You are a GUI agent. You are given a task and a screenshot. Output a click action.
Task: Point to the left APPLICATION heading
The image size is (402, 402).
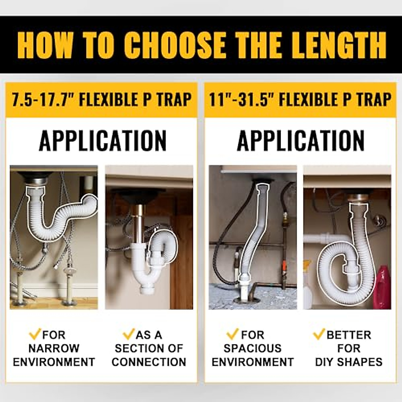click(x=103, y=140)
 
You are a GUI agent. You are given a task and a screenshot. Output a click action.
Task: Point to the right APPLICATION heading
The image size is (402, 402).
click(x=300, y=140)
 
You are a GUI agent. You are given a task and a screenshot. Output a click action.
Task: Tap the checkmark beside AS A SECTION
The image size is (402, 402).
click(x=128, y=334)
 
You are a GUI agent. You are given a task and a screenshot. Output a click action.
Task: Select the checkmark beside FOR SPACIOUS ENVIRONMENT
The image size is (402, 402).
click(x=232, y=334)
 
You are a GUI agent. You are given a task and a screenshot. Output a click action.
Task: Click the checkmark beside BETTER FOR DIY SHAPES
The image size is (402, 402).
click(x=319, y=334)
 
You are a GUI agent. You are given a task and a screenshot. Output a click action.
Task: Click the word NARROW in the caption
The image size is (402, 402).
click(x=54, y=348)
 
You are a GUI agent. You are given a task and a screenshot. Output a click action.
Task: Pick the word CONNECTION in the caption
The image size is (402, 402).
click(x=149, y=362)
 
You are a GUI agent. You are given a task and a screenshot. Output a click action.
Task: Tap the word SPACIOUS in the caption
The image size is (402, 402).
click(x=252, y=348)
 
